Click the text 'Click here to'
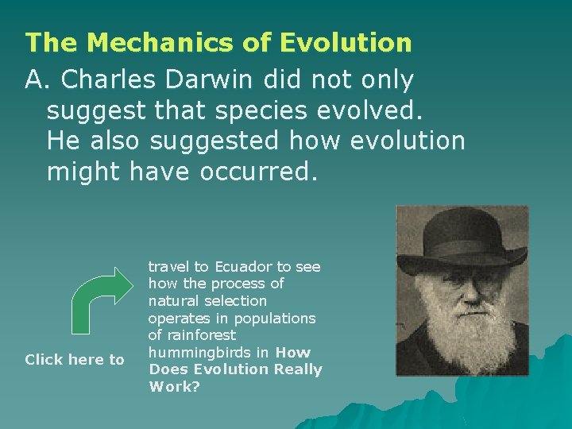[75, 360]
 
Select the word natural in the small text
[172, 301]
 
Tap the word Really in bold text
[296, 369]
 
